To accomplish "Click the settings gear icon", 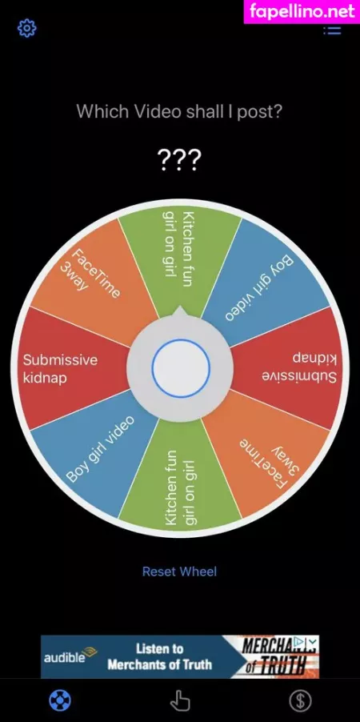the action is [x=26, y=29].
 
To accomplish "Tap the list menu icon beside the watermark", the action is [x=332, y=30].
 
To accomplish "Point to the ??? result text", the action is [x=179, y=159].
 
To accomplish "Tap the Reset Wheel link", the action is [x=179, y=572].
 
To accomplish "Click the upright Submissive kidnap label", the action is [x=60, y=368].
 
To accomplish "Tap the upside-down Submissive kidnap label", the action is [x=300, y=367].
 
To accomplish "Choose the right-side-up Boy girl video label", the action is [x=100, y=448].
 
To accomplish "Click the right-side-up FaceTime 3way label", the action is [x=90, y=272].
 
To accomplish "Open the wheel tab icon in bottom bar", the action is [x=60, y=701].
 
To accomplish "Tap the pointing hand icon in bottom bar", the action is [x=179, y=701].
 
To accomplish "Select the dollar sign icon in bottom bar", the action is [x=300, y=701].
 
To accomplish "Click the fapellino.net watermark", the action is [x=302, y=11].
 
